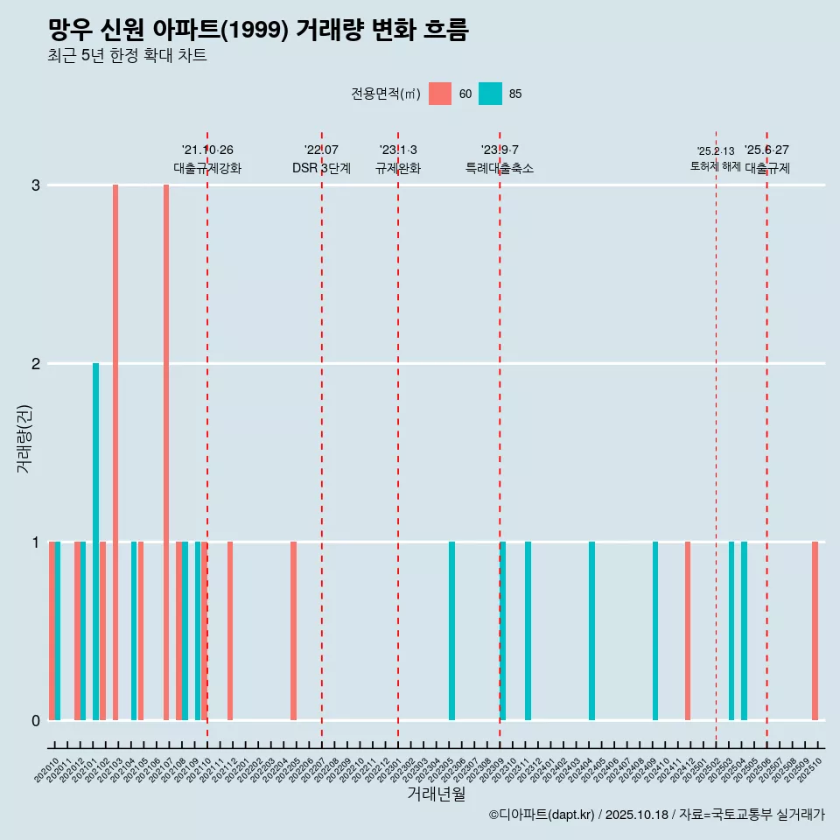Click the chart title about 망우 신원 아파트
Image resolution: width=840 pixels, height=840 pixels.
[258, 31]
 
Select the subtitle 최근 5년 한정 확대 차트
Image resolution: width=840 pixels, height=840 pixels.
[127, 56]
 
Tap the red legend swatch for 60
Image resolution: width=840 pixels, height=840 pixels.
[440, 94]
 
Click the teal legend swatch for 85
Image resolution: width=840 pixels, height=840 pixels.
[490, 94]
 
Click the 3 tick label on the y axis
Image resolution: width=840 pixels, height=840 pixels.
[36, 185]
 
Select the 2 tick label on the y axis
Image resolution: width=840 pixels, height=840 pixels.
[36, 364]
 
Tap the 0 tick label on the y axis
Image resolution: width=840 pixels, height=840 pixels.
[36, 721]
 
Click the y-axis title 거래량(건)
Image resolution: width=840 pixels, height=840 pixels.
[24, 437]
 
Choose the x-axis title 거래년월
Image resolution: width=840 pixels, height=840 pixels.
[436, 794]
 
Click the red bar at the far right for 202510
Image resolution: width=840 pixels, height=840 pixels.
[815, 630]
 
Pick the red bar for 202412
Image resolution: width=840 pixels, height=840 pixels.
[688, 630]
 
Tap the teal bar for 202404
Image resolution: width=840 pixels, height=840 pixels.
[592, 630]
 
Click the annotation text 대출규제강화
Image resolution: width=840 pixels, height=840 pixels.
[207, 168]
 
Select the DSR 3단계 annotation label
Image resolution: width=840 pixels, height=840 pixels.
[321, 168]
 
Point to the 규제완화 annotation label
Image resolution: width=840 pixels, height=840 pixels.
[398, 168]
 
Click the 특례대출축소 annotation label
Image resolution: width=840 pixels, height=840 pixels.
[500, 168]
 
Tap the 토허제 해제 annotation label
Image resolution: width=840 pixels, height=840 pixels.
[716, 166]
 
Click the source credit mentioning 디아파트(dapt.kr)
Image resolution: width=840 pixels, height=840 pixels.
[656, 815]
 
